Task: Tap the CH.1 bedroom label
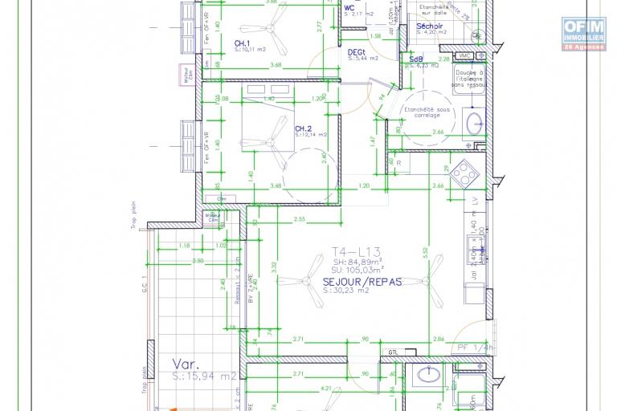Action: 242,43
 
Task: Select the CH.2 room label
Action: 303,128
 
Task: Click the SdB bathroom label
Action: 416,60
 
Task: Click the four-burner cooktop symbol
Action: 463,172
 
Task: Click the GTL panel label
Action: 393,351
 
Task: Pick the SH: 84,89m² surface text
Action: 357,261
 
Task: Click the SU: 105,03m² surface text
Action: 358,271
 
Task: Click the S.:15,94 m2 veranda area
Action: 204,375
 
